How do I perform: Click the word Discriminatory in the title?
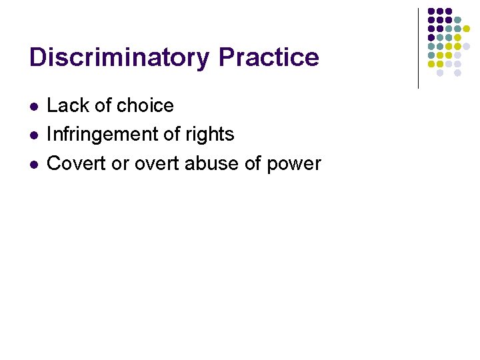coord(120,57)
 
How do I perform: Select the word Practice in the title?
coord(269,57)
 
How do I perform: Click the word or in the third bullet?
coord(120,163)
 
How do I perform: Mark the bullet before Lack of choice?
coord(34,106)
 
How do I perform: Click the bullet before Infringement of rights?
coord(34,135)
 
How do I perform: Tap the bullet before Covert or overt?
coord(34,164)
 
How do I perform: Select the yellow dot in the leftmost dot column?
coord(431,64)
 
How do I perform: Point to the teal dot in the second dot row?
coord(458,20)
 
